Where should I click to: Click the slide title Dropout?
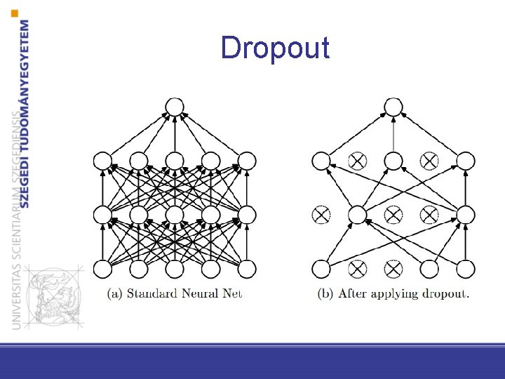(x=274, y=48)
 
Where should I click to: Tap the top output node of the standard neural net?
(x=174, y=107)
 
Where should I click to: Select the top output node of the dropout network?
(x=393, y=107)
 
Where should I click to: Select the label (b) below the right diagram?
(x=326, y=293)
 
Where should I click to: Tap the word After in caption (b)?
(x=353, y=293)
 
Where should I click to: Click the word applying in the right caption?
(x=396, y=294)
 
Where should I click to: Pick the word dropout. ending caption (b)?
(x=447, y=293)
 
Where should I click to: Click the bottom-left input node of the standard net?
(x=102, y=268)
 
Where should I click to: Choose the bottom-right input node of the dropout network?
(x=465, y=268)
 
